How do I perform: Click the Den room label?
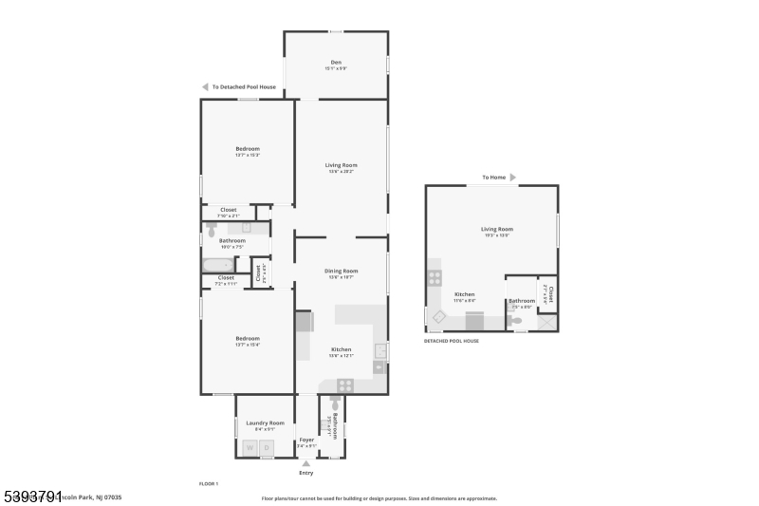(x=336, y=62)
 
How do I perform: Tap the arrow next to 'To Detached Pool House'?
(x=205, y=86)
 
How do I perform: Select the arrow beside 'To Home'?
(x=513, y=178)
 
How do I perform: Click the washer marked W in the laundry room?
(x=250, y=447)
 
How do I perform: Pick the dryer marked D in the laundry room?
(x=267, y=447)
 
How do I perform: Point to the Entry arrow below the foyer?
(x=305, y=463)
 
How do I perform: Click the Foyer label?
(x=306, y=440)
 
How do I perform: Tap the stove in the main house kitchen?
(x=346, y=385)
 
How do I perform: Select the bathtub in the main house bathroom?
(x=217, y=267)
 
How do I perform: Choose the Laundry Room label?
(x=265, y=422)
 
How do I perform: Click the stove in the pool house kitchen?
(x=435, y=278)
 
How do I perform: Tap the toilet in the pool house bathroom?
(x=515, y=322)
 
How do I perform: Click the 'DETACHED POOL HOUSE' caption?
(x=452, y=341)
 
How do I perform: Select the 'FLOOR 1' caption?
(x=208, y=484)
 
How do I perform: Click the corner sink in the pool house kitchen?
(x=439, y=318)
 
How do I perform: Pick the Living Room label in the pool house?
(x=497, y=229)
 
